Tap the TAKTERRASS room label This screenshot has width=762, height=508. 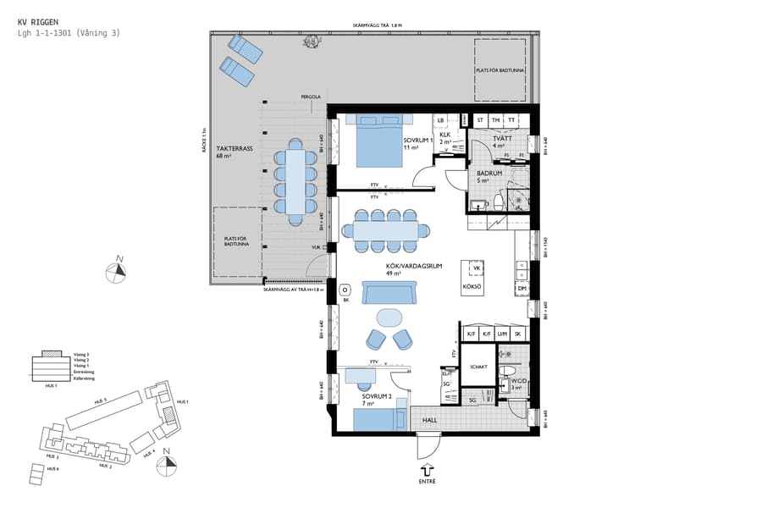(x=235, y=148)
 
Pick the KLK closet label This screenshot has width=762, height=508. (x=444, y=135)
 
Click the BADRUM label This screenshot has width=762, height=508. (x=489, y=174)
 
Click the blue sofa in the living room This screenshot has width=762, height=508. (x=388, y=293)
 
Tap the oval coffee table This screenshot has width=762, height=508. (x=389, y=317)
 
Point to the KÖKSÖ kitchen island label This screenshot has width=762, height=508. (x=472, y=288)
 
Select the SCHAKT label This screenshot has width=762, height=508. (x=478, y=367)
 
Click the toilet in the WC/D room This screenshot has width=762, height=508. (x=509, y=373)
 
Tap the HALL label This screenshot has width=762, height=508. (x=430, y=418)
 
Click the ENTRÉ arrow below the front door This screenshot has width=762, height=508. (x=427, y=468)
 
